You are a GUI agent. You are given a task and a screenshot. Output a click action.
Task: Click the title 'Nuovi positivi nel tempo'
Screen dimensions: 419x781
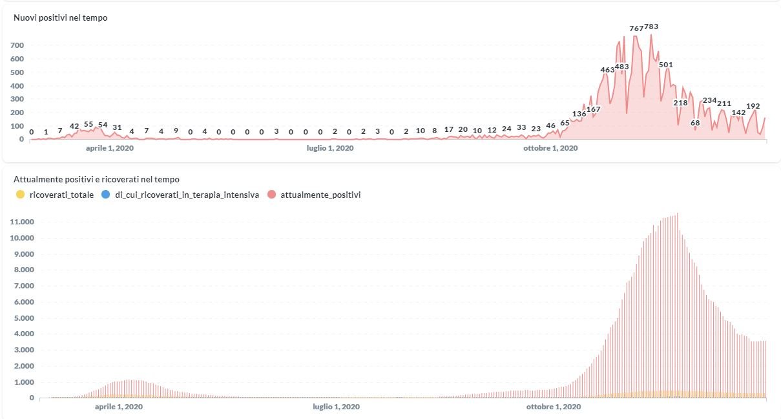coord(61,18)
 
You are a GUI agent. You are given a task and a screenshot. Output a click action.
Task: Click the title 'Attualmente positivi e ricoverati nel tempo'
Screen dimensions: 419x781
coord(96,179)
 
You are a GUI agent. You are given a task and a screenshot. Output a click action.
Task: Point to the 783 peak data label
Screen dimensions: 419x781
coord(651,27)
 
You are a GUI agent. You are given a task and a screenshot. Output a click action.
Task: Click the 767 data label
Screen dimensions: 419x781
coord(636,28)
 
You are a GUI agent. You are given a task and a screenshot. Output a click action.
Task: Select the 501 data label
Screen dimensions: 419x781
coord(666,65)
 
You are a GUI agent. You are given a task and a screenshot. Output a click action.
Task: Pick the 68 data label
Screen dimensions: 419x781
coord(695,123)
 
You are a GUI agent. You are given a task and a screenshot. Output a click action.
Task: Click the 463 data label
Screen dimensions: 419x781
coord(607,70)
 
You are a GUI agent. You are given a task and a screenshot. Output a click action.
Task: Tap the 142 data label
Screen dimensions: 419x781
coord(738,113)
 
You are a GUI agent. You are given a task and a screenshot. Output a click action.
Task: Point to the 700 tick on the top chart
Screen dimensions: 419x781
coord(17,45)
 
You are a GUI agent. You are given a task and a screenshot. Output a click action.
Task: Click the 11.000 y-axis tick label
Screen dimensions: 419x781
coord(23,222)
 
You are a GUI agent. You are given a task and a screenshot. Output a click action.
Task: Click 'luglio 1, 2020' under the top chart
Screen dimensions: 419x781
coord(329,148)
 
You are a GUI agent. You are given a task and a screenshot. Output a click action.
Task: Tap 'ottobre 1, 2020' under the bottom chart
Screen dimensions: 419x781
coord(554,407)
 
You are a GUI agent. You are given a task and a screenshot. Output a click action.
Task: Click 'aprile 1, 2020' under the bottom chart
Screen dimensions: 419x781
coord(119,407)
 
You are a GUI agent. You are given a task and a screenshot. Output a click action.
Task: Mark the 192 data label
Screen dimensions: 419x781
coord(753,106)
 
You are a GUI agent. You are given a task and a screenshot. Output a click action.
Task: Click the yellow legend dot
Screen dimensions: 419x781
coord(21,195)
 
